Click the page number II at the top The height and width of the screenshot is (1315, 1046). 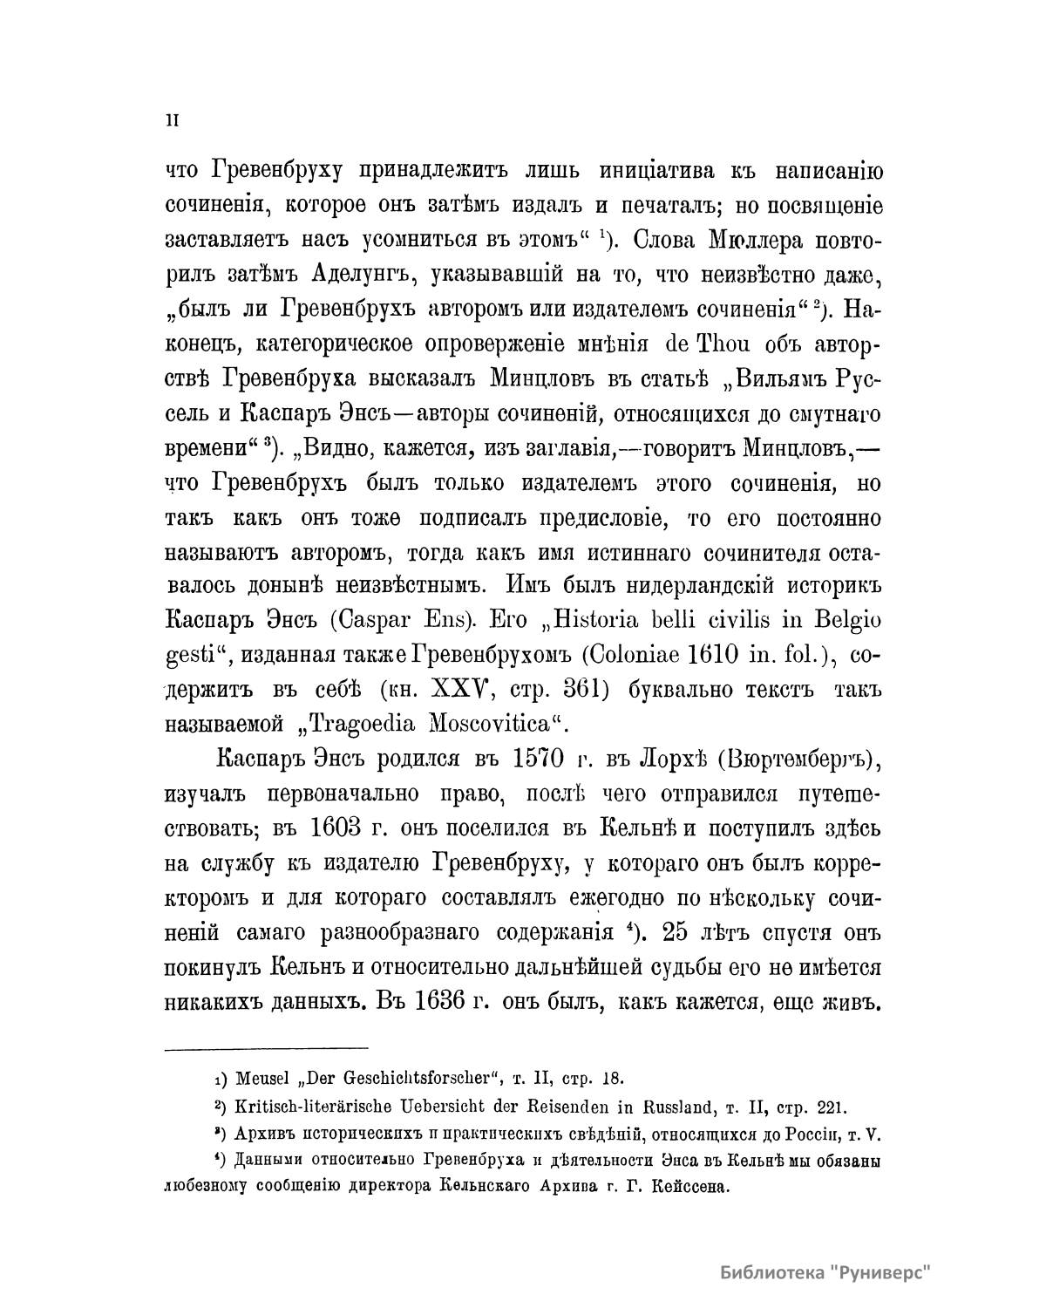172,121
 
